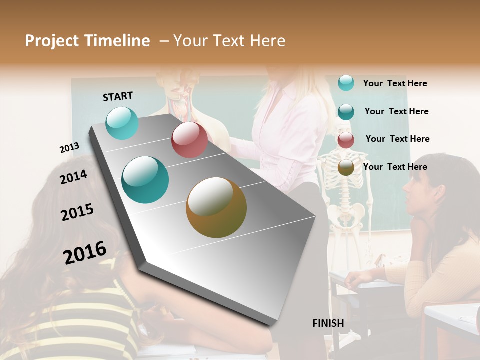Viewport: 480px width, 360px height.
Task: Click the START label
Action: coord(118,96)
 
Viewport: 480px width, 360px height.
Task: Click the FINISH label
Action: coord(328,323)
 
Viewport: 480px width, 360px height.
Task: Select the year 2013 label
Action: coord(69,148)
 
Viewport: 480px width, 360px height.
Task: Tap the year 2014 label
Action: coord(73,177)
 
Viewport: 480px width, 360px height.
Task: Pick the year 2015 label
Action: coord(77,212)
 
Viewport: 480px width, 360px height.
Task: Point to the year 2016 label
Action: coord(85,253)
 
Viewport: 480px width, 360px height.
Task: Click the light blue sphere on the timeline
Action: coord(122,123)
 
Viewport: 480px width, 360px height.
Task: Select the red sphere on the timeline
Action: coord(189,140)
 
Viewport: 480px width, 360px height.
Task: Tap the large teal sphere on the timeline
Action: coord(145,180)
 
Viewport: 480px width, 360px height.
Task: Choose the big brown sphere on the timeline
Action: coord(216,207)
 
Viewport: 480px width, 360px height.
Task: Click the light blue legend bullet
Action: coord(346,83)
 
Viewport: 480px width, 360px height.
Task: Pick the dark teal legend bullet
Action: coord(346,111)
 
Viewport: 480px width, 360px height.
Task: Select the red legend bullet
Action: coord(346,139)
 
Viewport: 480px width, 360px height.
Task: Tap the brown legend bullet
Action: coord(346,167)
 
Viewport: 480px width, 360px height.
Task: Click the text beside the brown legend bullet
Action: coord(395,167)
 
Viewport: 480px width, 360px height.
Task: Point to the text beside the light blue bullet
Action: coord(395,83)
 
